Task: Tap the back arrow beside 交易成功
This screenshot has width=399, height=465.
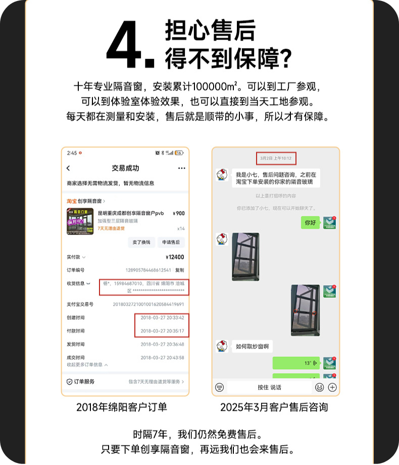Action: click(69, 168)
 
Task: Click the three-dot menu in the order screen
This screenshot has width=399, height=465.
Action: click(181, 168)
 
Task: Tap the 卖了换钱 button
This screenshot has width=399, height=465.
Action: click(141, 242)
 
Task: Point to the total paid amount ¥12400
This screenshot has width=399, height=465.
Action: click(175, 257)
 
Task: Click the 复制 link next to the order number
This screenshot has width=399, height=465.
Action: click(180, 270)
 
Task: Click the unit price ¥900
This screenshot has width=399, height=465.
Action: click(178, 213)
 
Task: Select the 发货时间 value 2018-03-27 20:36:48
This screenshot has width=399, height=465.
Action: click(162, 344)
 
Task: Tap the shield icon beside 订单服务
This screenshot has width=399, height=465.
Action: click(70, 382)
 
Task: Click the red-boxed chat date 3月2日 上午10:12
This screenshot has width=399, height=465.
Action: click(276, 158)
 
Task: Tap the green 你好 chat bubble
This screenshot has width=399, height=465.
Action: click(310, 222)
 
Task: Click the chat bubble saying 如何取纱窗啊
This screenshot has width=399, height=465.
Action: click(252, 346)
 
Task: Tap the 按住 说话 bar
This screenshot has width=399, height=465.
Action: click(269, 387)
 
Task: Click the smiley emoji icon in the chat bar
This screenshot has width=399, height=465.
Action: click(319, 387)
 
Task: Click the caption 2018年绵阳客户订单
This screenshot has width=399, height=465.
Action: click(122, 407)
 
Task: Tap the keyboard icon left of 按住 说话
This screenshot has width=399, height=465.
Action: click(219, 387)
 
